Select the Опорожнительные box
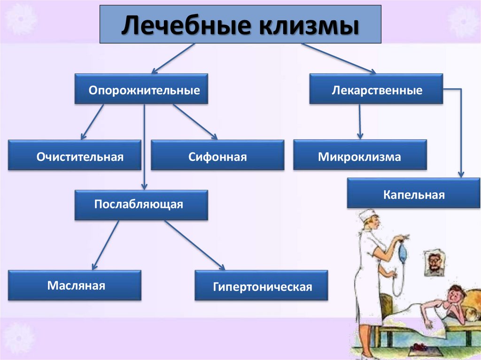click(141, 89)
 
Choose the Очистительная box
click(74, 155)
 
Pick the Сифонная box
click(217, 155)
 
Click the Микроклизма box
click(360, 155)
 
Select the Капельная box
click(413, 193)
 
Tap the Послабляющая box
click(141, 205)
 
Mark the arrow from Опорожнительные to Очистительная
click(93, 122)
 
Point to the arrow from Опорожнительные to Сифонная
click(194, 122)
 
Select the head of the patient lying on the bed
click(455, 294)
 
